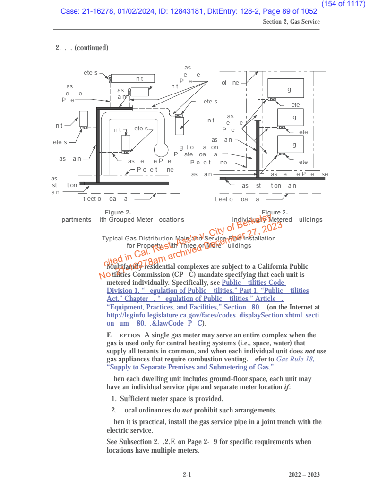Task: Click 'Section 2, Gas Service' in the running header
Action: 291,22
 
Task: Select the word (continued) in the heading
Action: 91,48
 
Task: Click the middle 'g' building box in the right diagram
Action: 290,117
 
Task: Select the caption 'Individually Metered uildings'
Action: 277,220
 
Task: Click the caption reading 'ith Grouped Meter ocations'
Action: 142,220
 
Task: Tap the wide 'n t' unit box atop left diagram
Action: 133,78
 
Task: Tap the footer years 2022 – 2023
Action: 304,474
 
